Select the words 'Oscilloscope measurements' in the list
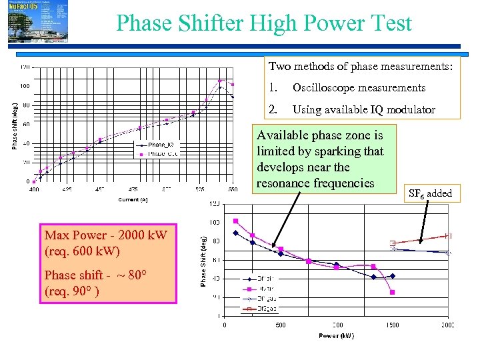[x=359, y=88]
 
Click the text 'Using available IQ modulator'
[x=364, y=110]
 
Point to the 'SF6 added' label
[x=430, y=194]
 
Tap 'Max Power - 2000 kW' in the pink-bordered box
[x=105, y=235]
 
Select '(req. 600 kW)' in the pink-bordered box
[x=83, y=251]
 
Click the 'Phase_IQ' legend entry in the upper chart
[x=161, y=145]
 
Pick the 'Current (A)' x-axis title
[x=133, y=199]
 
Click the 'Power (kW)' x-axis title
[x=336, y=335]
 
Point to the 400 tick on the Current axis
[x=34, y=190]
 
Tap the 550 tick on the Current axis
[x=233, y=190]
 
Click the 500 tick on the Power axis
[x=280, y=325]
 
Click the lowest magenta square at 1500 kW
[x=392, y=292]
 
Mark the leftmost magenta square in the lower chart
[x=235, y=221]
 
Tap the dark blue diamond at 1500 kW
[x=392, y=275]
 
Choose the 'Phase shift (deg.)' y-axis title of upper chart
[x=15, y=125]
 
